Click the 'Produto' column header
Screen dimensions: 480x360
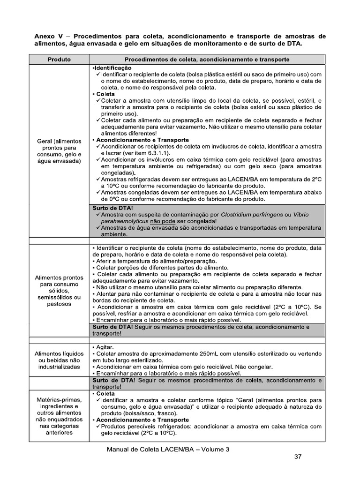[x=59, y=60]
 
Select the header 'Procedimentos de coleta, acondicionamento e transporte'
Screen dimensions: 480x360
[x=206, y=60]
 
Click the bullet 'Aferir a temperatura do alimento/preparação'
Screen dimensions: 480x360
[x=155, y=261]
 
